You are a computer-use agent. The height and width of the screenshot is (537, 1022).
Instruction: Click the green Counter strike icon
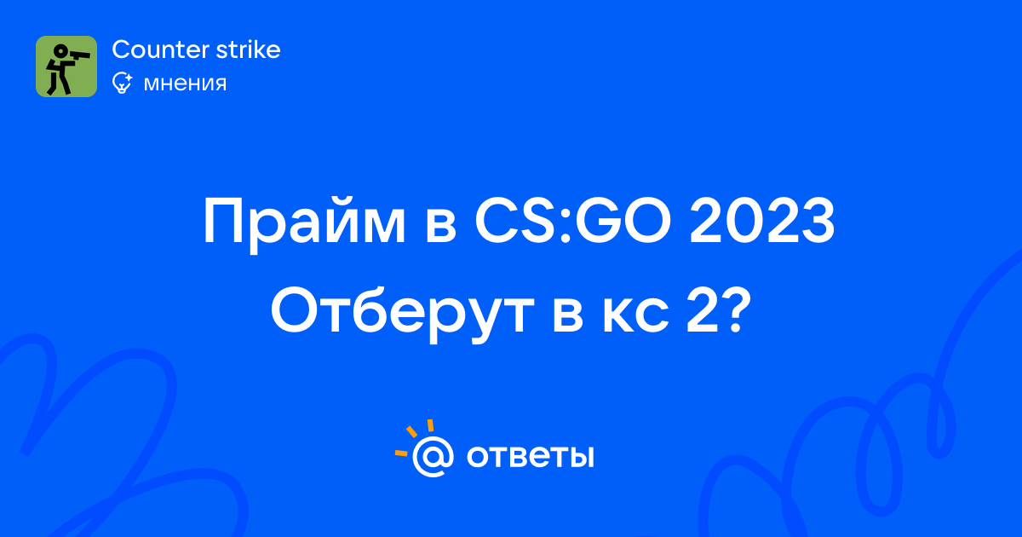coord(66,66)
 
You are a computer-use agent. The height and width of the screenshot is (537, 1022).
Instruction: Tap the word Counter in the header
coord(161,49)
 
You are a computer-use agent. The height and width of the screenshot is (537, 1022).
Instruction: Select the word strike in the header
coord(248,49)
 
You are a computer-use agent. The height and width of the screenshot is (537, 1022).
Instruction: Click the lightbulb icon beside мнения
coord(122,83)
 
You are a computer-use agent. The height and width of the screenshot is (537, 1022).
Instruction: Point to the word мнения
coord(185,84)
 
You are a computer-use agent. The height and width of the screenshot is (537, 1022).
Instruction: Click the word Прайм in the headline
coord(304,222)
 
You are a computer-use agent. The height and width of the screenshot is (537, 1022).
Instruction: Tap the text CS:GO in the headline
coord(573,221)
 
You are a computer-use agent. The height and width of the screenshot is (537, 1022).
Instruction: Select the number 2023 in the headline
coord(762,221)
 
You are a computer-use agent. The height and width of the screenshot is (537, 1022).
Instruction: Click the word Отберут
coord(402,312)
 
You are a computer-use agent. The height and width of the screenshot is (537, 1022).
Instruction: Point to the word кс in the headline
coord(635,315)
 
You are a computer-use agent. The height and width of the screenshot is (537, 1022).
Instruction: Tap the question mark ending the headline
coord(736,310)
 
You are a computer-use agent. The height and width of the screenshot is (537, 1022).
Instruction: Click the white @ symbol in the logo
coord(433,456)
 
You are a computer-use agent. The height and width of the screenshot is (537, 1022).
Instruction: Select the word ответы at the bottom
coord(530,457)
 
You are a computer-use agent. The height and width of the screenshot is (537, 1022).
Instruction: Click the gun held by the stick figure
coord(78,55)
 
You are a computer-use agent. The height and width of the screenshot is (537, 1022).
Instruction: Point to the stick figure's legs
coord(59,83)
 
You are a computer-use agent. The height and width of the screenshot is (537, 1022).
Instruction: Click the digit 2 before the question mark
coord(700,310)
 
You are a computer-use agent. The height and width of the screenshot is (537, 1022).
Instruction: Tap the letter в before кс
coord(568,315)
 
